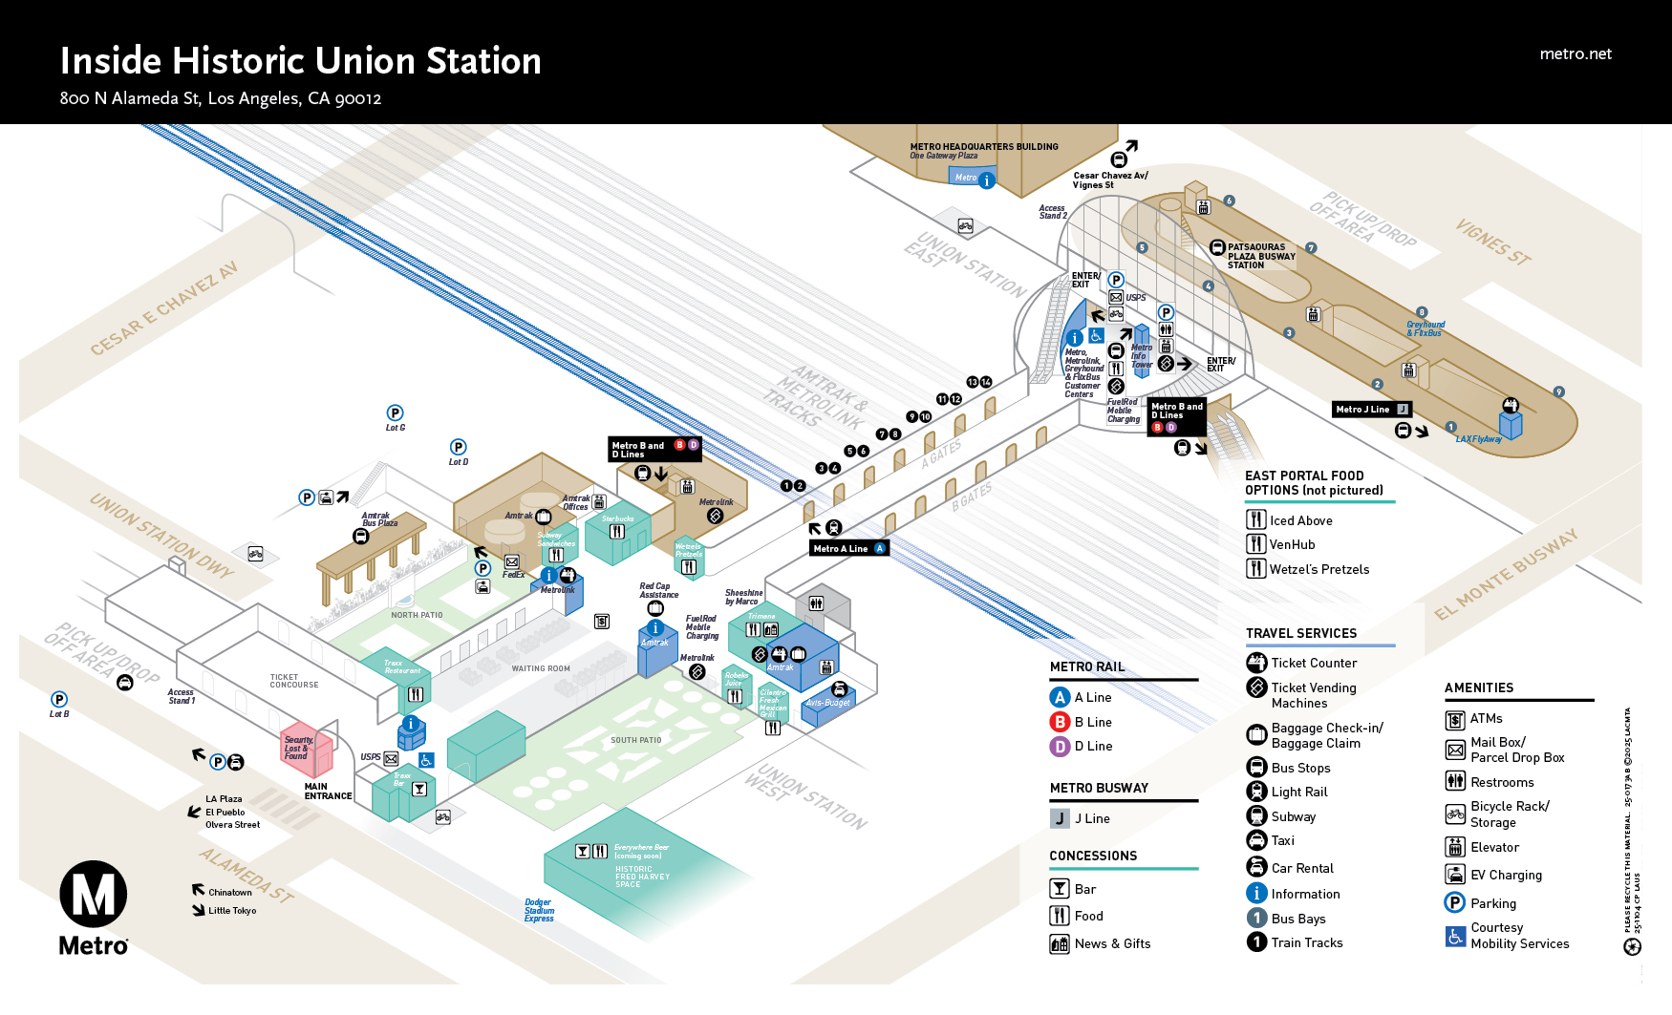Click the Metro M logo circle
coord(93,895)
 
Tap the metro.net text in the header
coord(1576,54)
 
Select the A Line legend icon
coord(1060,698)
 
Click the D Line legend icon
coord(1060,747)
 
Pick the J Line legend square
coord(1060,818)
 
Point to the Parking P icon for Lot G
coord(395,412)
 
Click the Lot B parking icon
coord(59,700)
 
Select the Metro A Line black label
coord(848,548)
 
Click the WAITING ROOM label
coord(541,668)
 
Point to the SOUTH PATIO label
coord(635,740)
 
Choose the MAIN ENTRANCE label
coord(328,792)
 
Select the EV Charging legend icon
coord(1455,875)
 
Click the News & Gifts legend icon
coord(1060,944)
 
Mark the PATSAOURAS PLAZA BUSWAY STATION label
coord(1260,256)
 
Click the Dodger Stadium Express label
coord(539,911)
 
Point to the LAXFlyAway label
coord(1478,439)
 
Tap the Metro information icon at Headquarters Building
coord(987,180)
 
